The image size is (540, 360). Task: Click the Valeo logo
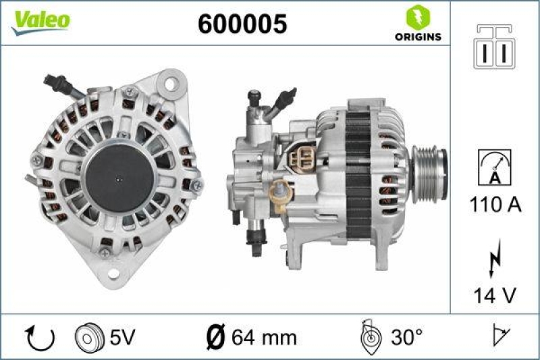click(x=40, y=20)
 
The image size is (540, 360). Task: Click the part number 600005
click(x=242, y=24)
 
